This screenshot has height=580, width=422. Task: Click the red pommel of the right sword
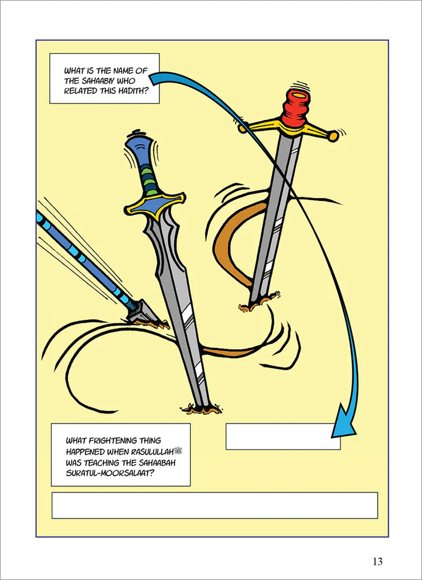pyautogui.click(x=295, y=108)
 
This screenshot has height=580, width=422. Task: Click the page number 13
pyautogui.click(x=377, y=561)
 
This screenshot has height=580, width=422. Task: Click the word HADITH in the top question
pyautogui.click(x=129, y=90)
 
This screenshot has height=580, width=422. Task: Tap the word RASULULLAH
pyautogui.click(x=152, y=452)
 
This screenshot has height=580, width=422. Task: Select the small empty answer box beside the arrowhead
pyautogui.click(x=283, y=436)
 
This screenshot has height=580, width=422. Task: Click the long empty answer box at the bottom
pyautogui.click(x=215, y=505)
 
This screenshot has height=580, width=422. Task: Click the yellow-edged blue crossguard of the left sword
pyautogui.click(x=155, y=205)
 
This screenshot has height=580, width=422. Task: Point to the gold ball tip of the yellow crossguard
pyautogui.click(x=333, y=136)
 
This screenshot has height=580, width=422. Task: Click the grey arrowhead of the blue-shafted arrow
pyautogui.click(x=144, y=313)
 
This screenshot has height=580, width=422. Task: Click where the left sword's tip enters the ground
pyautogui.click(x=202, y=409)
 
